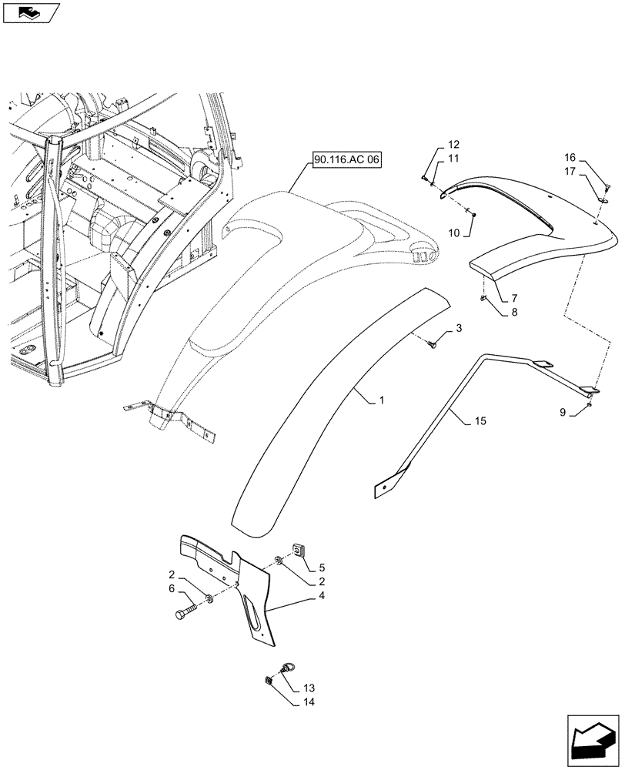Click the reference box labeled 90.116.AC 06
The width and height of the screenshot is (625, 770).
(x=347, y=160)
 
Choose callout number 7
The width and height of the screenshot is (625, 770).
(x=514, y=297)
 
